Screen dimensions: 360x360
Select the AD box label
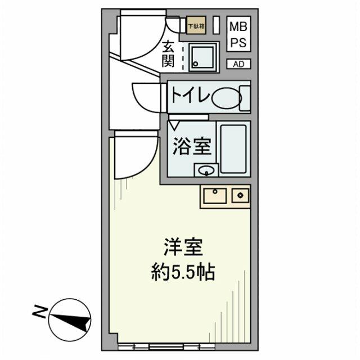point(238,64)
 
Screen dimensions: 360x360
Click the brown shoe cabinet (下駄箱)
point(195,26)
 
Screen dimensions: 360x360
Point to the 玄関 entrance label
point(168,54)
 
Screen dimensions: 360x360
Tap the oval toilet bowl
point(226,98)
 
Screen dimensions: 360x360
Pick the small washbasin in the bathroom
point(206,169)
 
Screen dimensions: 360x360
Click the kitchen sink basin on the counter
point(215,196)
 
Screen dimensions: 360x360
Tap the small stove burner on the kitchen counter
point(241,196)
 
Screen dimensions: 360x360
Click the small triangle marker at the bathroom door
point(175,121)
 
